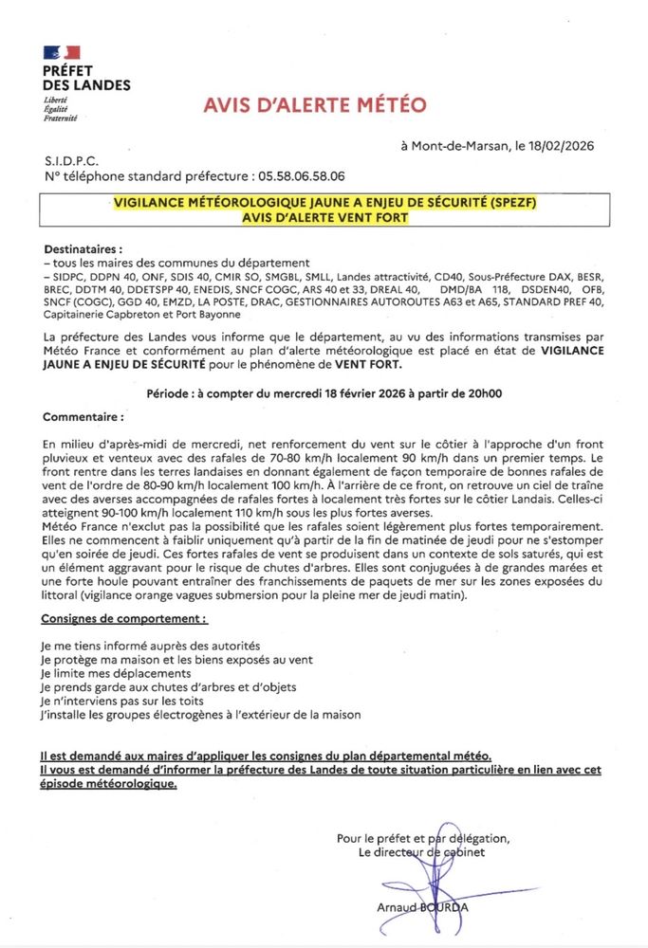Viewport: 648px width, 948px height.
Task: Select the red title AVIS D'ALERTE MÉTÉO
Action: click(315, 105)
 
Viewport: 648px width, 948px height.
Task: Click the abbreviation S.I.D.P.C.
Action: click(71, 161)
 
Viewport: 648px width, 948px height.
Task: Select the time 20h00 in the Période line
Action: click(480, 392)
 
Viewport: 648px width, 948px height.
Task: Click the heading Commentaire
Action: click(83, 416)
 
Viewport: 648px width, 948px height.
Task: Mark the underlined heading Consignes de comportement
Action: click(124, 618)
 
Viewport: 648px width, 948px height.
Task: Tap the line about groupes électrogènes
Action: click(201, 715)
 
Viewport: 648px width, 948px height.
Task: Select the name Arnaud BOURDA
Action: click(421, 907)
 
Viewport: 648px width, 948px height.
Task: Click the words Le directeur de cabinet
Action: click(422, 852)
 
